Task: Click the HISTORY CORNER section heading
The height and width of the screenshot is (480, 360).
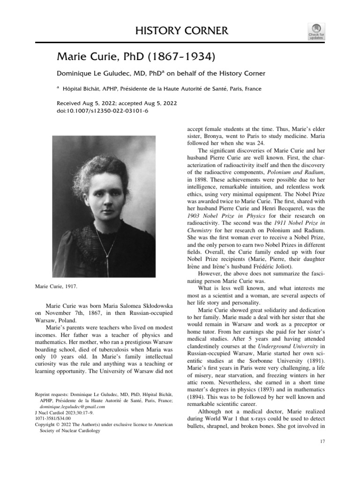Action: (x=181, y=31)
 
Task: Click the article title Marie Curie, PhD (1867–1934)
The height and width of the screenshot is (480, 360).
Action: (x=136, y=57)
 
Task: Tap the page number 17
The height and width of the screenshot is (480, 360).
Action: (x=322, y=442)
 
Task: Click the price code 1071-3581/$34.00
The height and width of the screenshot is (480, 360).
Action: (x=53, y=419)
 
